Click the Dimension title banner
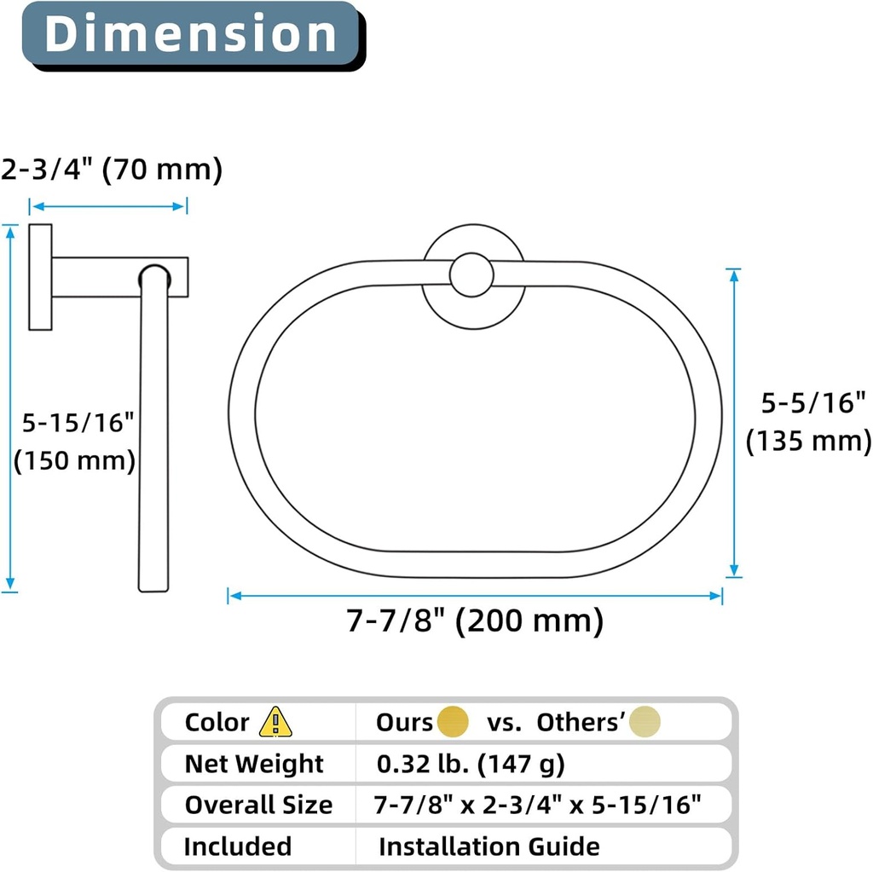pyautogui.click(x=190, y=34)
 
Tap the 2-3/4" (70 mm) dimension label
pyautogui.click(x=112, y=170)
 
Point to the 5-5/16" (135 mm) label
pyautogui.click(x=807, y=422)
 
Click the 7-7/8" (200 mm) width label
pyautogui.click(x=475, y=621)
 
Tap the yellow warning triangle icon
pyautogui.click(x=275, y=723)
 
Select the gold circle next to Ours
pyautogui.click(x=453, y=723)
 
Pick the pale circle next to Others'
pyautogui.click(x=645, y=723)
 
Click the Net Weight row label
pyautogui.click(x=254, y=764)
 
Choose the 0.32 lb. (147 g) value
pyautogui.click(x=471, y=764)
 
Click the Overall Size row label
pyautogui.click(x=258, y=805)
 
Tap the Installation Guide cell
pyautogui.click(x=489, y=846)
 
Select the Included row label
pyautogui.click(x=238, y=846)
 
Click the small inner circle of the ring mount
pyautogui.click(x=471, y=275)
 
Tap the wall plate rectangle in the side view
pyautogui.click(x=40, y=277)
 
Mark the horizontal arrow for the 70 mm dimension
pyautogui.click(x=108, y=206)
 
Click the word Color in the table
pyautogui.click(x=217, y=723)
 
